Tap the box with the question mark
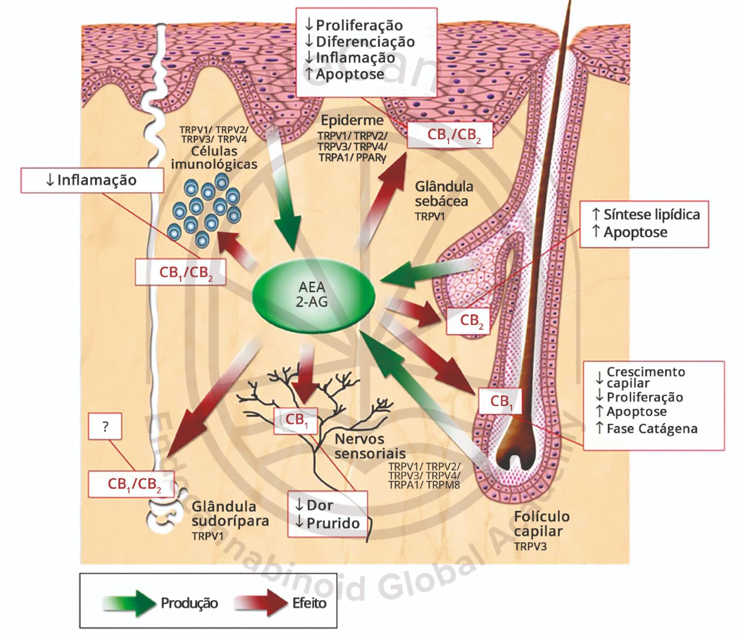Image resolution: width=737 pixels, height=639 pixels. (105, 426)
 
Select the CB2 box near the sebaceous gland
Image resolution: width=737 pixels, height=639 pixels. (468, 321)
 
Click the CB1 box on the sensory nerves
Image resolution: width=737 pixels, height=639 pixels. (296, 420)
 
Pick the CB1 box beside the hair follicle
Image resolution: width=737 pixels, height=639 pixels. (500, 401)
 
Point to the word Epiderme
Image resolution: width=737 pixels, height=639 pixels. (352, 120)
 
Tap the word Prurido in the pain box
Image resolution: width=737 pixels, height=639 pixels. (333, 523)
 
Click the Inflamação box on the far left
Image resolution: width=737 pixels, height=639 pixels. (92, 180)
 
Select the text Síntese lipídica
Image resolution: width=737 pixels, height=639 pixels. (651, 214)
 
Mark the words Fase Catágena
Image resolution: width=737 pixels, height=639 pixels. (652, 429)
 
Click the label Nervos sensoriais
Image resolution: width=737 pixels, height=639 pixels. (370, 446)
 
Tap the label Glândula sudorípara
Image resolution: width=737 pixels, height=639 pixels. (230, 513)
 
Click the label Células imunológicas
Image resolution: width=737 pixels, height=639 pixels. (214, 157)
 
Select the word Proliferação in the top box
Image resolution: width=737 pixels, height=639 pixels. (359, 25)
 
